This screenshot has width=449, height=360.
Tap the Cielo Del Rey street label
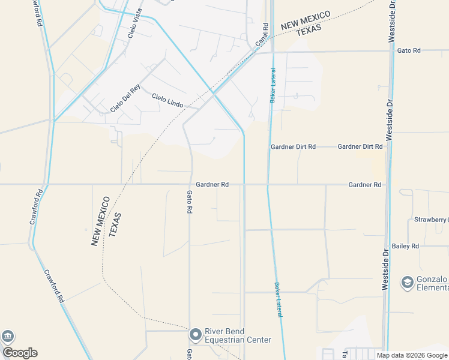point(125,98)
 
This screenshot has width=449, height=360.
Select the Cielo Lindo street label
point(167,100)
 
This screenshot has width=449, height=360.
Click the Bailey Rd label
point(405,246)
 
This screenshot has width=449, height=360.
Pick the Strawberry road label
point(431,220)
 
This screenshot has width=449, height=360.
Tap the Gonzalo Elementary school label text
point(432,283)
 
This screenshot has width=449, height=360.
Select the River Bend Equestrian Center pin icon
point(196,335)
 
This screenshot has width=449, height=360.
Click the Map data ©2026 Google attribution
point(411,355)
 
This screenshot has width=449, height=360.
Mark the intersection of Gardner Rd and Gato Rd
point(191,185)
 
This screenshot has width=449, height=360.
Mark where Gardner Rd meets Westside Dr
point(386,185)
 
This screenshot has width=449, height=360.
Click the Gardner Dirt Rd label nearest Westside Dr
point(360,146)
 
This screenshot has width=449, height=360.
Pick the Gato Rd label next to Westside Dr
point(409,50)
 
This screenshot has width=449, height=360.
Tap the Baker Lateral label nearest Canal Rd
point(273,88)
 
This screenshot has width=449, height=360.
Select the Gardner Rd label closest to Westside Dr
point(364,185)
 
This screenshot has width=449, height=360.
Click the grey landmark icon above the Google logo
point(7,337)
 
